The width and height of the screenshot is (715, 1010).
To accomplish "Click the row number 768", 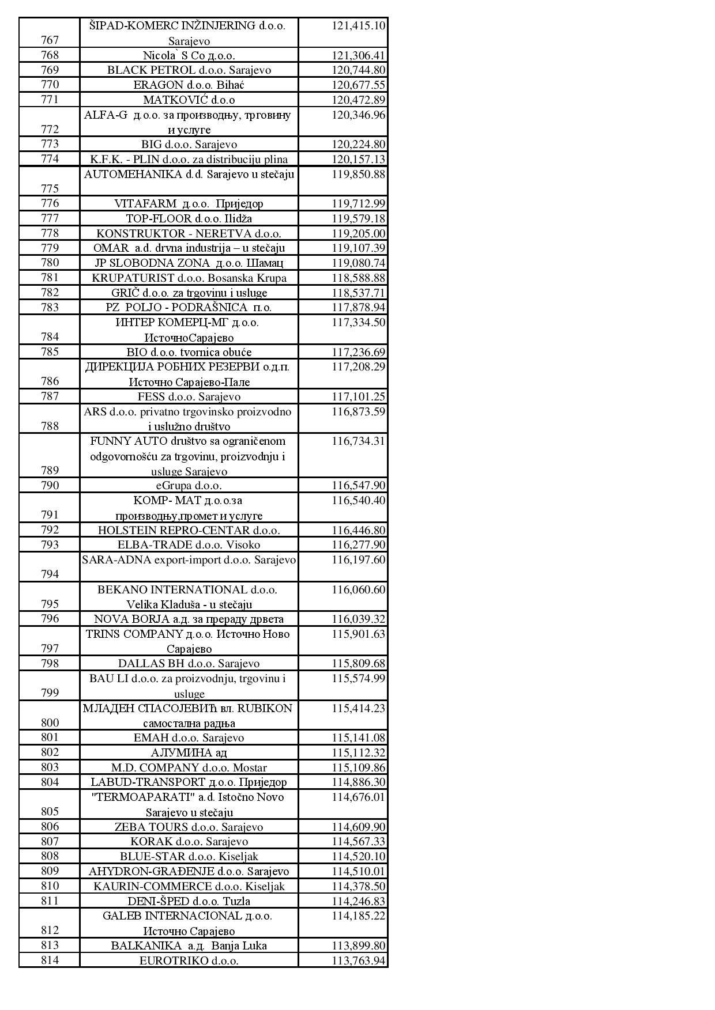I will pos(50,55).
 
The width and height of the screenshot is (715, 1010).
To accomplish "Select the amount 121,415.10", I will pos(358,26).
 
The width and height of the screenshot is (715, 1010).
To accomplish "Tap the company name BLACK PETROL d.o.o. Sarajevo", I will pos(189,70).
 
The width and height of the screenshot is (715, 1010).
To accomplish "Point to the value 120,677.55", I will pos(358,85).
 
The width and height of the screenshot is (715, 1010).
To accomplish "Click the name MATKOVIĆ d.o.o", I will pos(189,100).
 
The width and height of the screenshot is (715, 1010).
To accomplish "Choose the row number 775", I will pos(50,188).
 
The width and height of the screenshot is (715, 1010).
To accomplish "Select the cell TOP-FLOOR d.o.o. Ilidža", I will pos(189,218).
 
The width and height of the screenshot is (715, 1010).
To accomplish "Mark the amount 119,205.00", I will pos(358,233).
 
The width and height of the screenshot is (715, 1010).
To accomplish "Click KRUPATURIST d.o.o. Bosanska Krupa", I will pos(189,278).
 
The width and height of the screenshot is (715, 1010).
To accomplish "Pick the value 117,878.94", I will pos(358,308).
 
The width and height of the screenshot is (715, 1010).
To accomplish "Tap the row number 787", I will pos(50,396).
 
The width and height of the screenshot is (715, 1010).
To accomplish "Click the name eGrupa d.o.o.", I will pos(189,486).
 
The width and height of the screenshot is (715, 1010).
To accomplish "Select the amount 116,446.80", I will pos(358,530).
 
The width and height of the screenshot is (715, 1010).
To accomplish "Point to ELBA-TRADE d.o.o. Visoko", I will pos(189,545).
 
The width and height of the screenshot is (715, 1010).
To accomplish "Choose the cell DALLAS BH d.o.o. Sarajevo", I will pos(189,664).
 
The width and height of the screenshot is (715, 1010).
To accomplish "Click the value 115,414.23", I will pos(358,708).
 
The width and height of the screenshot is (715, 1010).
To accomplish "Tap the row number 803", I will pos(50,767).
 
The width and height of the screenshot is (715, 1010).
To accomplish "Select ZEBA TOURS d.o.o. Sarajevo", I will pos(189,827).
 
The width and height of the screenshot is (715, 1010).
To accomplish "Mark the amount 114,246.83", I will pos(358,901).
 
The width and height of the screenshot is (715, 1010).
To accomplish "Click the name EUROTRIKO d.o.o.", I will pos(189,960).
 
